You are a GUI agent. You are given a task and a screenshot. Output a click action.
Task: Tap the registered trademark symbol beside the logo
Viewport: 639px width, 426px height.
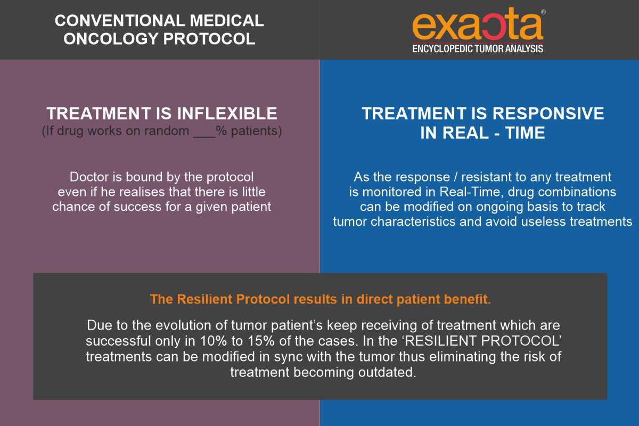click(x=543, y=12)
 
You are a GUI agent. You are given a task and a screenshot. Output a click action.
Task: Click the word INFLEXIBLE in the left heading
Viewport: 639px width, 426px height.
click(x=227, y=113)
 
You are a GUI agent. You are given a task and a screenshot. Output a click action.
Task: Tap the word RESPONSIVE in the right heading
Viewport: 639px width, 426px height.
click(x=548, y=113)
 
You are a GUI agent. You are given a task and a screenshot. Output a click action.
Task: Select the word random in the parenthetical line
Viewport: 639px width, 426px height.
click(x=167, y=131)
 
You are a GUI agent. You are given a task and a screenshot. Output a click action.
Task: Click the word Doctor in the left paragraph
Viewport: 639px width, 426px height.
click(x=89, y=177)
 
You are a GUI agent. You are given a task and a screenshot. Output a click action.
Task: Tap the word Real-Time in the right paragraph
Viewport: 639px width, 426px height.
click(x=469, y=192)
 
